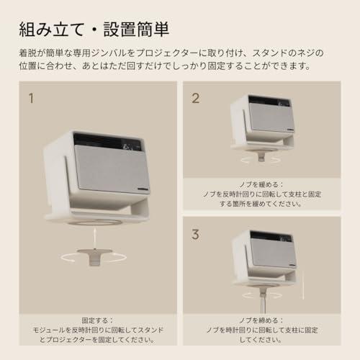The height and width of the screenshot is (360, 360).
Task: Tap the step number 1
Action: click(x=30, y=96)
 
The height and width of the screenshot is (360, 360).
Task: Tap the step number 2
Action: click(x=195, y=97)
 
